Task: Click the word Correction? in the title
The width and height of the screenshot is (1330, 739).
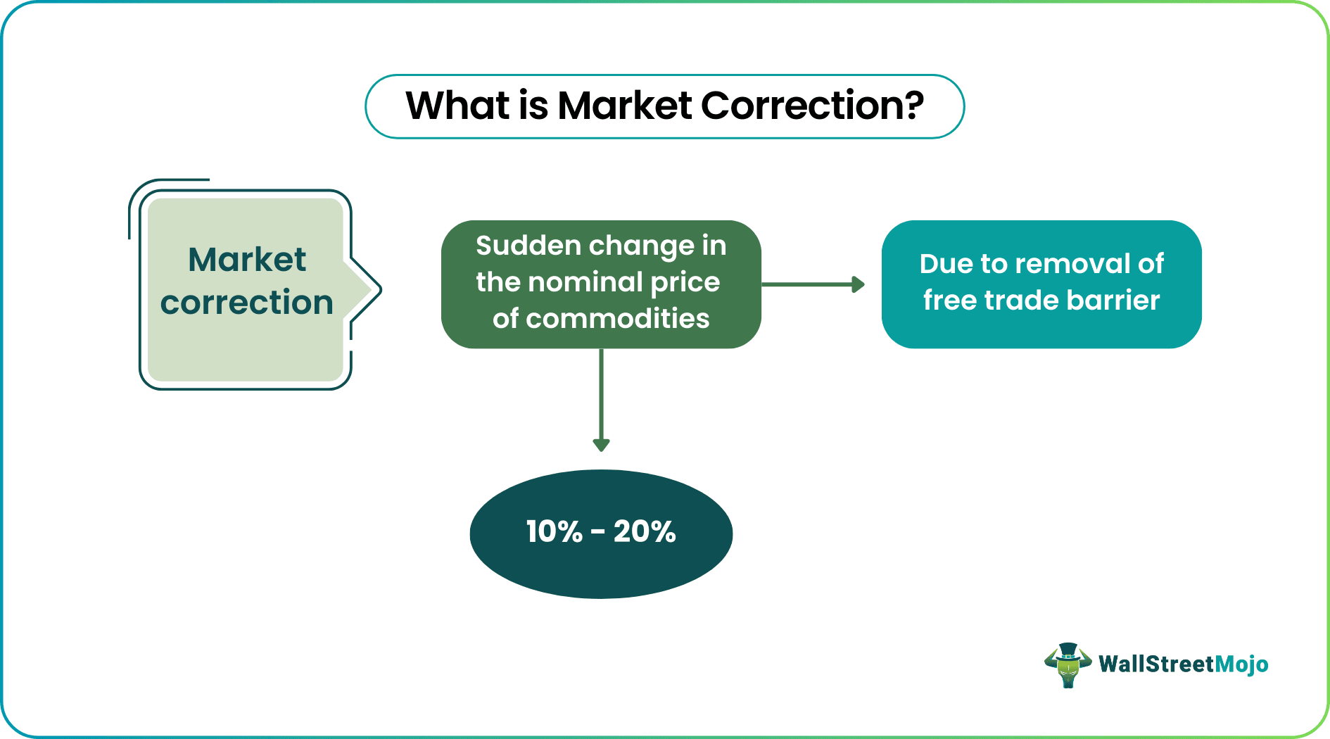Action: (x=812, y=106)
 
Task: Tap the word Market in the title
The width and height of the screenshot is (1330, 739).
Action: (x=625, y=106)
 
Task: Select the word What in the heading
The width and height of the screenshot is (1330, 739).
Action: (x=457, y=106)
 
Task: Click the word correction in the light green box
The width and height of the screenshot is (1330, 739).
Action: (x=246, y=303)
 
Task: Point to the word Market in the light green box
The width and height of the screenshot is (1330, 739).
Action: (x=246, y=260)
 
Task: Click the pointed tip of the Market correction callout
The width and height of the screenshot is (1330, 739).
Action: (x=378, y=289)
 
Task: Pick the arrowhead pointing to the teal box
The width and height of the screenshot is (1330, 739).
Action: (x=858, y=284)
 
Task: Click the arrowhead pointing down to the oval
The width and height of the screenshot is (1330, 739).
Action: (x=601, y=445)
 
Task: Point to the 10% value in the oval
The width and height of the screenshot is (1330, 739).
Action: (x=554, y=531)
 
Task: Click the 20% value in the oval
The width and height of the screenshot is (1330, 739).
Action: (x=644, y=531)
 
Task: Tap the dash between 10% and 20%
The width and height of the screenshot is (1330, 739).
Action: (x=598, y=533)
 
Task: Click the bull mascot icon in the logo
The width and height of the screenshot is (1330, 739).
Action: (x=1068, y=664)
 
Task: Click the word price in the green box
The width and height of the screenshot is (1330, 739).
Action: (x=685, y=282)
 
